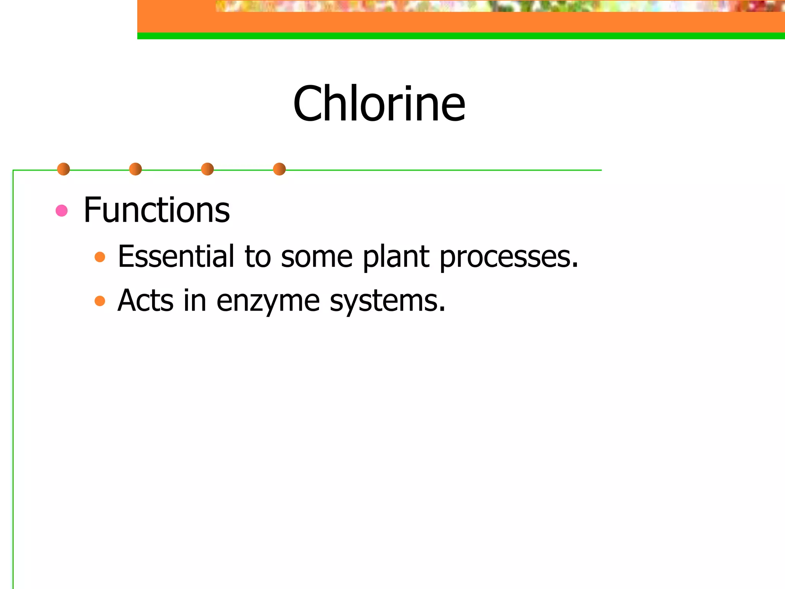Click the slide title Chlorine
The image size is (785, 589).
pos(379,104)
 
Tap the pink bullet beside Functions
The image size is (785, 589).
pos(62,211)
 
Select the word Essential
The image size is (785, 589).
pos(176,256)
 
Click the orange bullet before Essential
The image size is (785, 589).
pos(100,257)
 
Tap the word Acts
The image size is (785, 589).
pos(146,300)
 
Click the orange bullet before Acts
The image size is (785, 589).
pos(100,301)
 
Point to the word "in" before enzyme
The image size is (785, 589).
pos(195,300)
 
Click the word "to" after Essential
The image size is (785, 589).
pos(258,257)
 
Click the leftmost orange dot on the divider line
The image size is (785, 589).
pos(64,169)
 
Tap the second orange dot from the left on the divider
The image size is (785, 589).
pos(135,169)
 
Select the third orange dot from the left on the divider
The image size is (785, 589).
pos(207,169)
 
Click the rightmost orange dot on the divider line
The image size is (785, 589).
pos(279,169)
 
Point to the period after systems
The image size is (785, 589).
pos(442,309)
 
